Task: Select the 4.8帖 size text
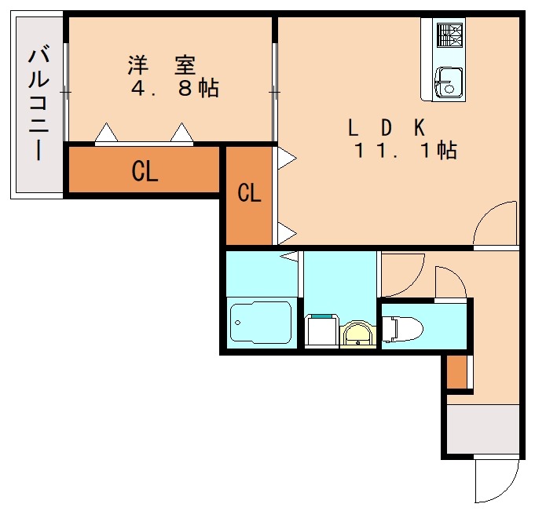pos(174,89)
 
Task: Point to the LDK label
pos(387,126)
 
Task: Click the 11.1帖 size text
pos(405,151)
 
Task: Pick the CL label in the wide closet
pos(145,172)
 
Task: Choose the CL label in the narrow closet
pos(249,193)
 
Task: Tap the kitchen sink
pos(449,80)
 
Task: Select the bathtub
pos(261,322)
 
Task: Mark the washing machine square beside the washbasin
pos(321,330)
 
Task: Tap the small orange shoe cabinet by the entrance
pos(456,371)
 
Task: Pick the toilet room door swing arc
pos(450,282)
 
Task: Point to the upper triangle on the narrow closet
pos(286,157)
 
